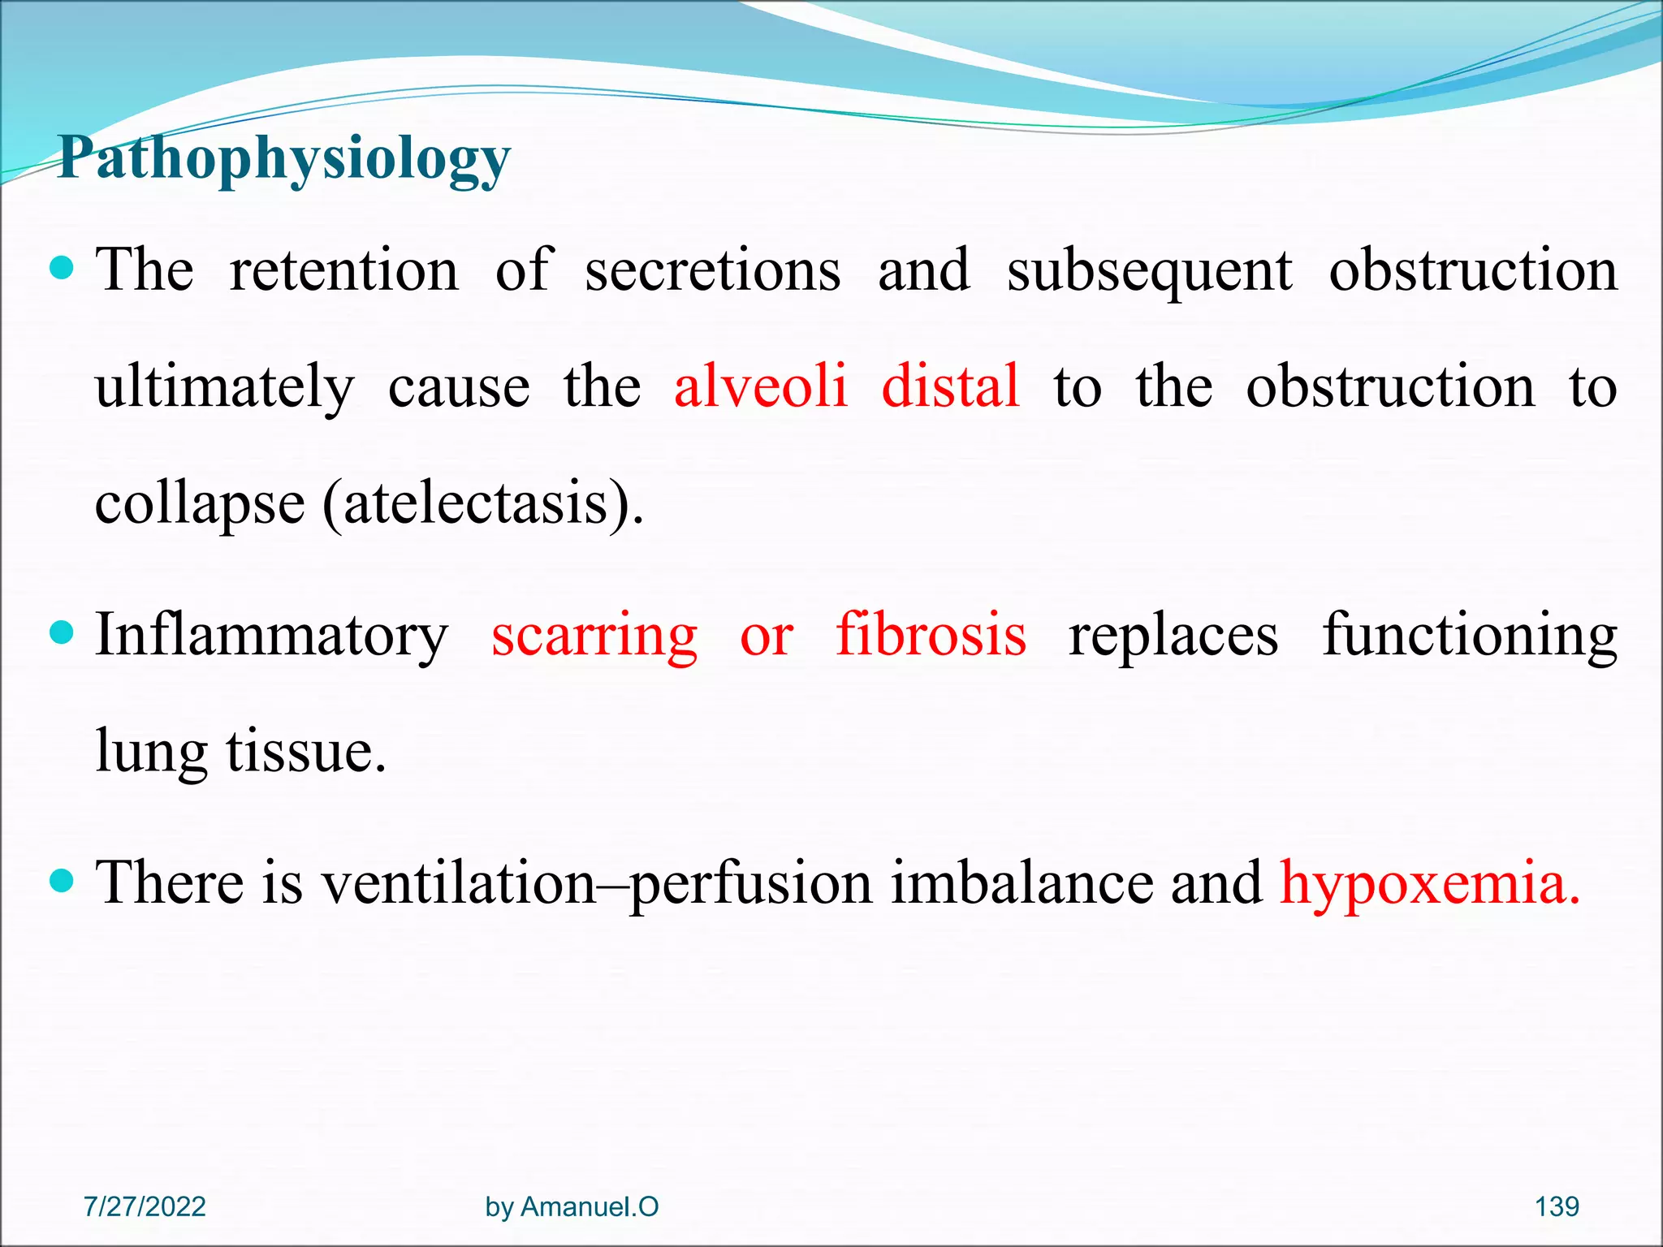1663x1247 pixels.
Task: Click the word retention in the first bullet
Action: click(x=344, y=270)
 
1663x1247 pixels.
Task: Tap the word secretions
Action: click(x=712, y=270)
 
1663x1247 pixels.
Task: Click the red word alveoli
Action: click(x=761, y=386)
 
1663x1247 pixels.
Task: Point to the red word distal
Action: click(x=950, y=386)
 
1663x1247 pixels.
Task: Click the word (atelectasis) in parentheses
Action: click(x=483, y=503)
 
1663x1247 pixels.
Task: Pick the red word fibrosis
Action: click(x=931, y=635)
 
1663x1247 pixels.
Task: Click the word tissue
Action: click(x=305, y=751)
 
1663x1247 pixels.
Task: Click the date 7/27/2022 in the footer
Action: click(x=145, y=1206)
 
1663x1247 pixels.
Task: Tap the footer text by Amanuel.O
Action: click(x=572, y=1207)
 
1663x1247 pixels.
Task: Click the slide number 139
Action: click(x=1557, y=1206)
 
